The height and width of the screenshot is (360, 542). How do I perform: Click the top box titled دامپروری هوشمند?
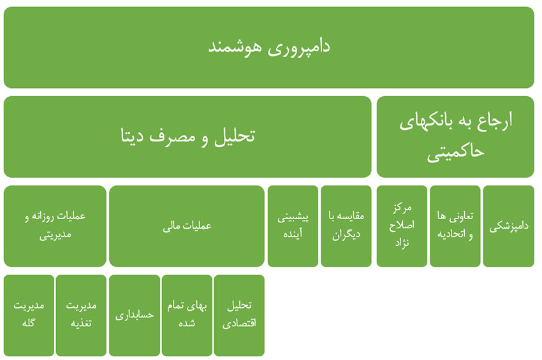(268, 47)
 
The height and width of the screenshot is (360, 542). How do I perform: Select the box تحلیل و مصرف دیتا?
(187, 136)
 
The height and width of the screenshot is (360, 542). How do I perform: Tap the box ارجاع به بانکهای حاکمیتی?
(455, 136)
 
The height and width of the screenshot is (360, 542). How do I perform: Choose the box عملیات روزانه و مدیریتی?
(55, 226)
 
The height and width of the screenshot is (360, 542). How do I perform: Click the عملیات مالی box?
(187, 226)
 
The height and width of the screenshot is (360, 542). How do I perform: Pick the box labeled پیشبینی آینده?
(293, 226)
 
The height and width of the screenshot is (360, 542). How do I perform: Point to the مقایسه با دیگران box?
(346, 226)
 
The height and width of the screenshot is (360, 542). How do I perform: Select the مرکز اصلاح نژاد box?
(402, 226)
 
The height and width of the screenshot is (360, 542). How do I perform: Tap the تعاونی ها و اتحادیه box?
(455, 226)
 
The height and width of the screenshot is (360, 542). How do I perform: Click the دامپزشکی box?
(508, 226)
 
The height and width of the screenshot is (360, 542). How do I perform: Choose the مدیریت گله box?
(29, 315)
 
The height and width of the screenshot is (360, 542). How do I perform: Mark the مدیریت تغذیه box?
(81, 315)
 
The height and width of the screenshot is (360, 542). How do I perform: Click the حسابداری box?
(135, 315)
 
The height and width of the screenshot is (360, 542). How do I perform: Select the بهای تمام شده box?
(187, 315)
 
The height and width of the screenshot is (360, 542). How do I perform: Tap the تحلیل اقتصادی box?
(239, 315)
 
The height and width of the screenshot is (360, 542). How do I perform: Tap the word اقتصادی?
(239, 323)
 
